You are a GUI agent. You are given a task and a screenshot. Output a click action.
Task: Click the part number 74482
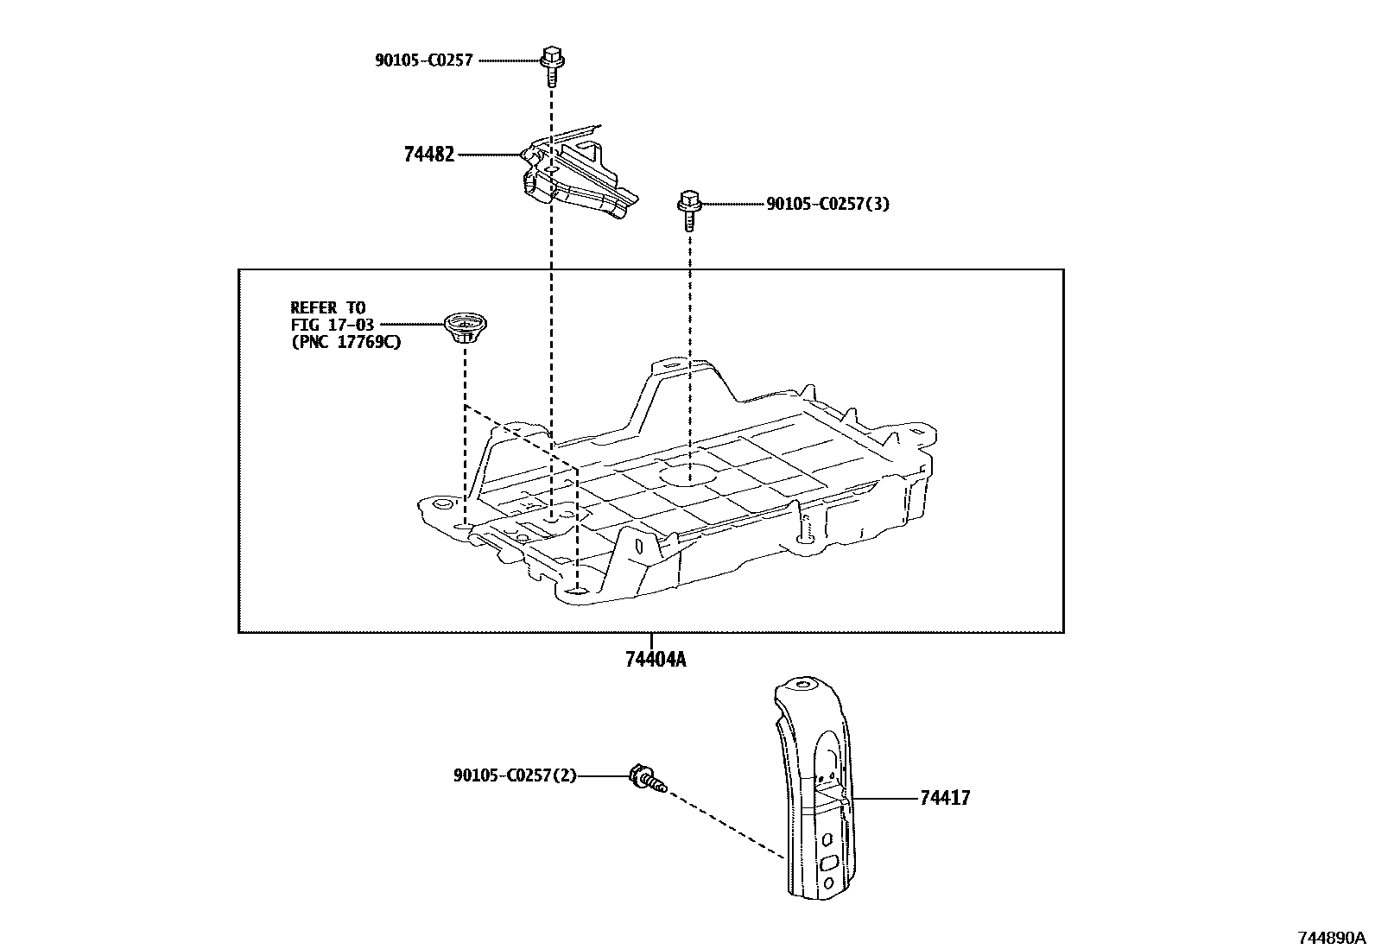coord(428,155)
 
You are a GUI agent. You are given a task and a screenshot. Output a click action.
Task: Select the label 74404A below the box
coord(656,661)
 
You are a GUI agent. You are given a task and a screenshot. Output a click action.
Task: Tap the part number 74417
coord(945,798)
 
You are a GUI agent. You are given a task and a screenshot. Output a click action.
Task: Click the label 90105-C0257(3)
coord(827,205)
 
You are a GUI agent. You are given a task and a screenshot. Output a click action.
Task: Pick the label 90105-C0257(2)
coord(514,776)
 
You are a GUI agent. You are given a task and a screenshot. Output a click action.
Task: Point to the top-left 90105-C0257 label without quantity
coord(423,60)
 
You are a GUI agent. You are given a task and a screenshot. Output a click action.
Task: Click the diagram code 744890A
coord(1331,938)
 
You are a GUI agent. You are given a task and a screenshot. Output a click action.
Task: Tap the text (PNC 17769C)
coord(345,342)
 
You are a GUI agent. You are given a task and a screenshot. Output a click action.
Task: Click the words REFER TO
coord(327,307)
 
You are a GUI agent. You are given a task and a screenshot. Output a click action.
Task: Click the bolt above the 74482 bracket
coord(550,65)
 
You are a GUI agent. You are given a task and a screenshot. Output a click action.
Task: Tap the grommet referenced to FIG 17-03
coord(460,329)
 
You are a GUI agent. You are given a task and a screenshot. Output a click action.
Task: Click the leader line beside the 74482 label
coord(489,155)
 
